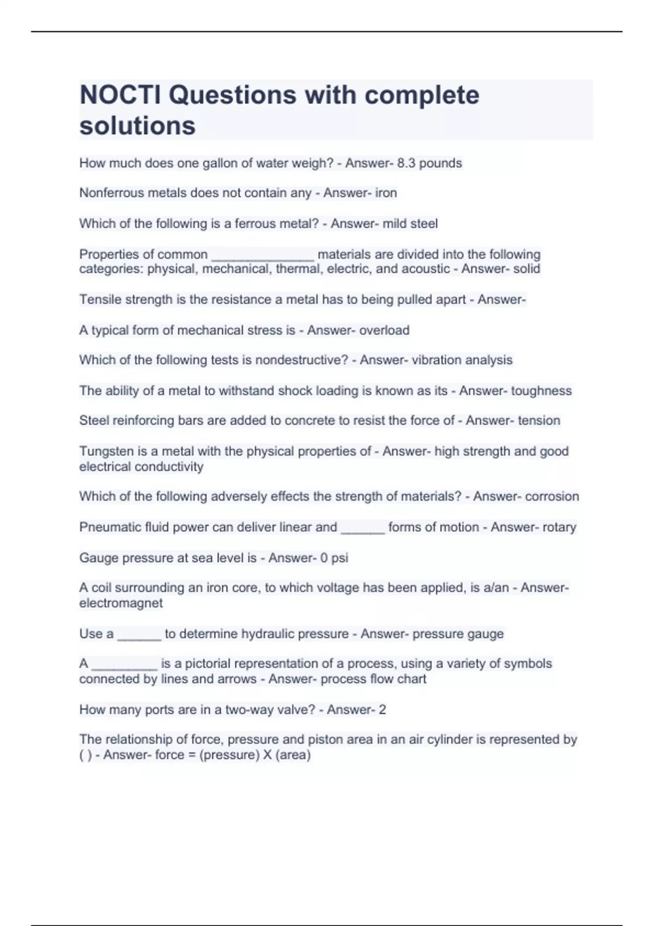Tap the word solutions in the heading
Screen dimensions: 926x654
point(137,126)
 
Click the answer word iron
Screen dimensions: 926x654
point(386,193)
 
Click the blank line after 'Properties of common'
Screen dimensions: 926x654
point(262,255)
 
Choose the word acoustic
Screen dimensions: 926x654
point(426,269)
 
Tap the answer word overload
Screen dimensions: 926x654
point(384,331)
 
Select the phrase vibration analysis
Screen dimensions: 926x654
point(463,360)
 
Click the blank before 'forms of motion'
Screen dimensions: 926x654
point(362,528)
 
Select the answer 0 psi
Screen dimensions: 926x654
point(332,558)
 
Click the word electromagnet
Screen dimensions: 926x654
point(121,604)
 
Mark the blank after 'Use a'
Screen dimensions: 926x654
point(139,635)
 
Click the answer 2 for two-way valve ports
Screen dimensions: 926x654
point(382,710)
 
